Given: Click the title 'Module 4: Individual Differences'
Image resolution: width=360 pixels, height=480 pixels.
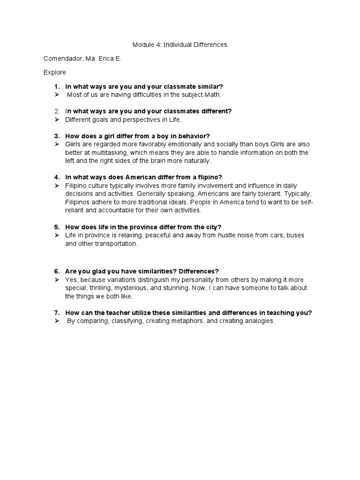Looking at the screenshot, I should click(x=180, y=45).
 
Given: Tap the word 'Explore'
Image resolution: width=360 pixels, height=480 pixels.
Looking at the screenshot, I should click(x=55, y=72).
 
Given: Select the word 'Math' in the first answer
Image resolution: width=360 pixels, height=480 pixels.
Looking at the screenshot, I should click(x=212, y=95).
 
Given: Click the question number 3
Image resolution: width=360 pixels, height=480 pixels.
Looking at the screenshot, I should click(x=57, y=136).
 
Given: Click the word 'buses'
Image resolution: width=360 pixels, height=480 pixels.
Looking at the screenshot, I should click(x=294, y=235).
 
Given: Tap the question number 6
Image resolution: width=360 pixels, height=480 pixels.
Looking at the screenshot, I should click(x=57, y=271).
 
